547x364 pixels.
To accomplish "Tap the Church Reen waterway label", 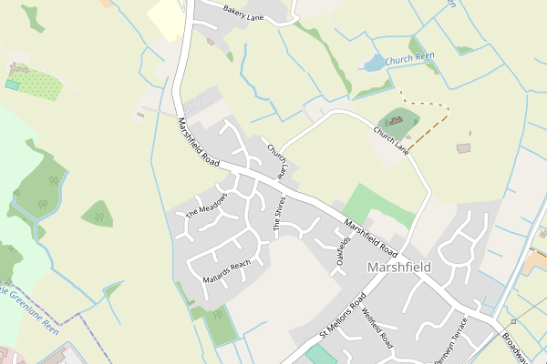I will click(409, 60).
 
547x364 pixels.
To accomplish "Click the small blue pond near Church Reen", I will click(374, 63).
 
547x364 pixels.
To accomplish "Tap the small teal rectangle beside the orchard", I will click(12, 85).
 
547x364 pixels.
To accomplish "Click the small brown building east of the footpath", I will click(464, 147).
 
